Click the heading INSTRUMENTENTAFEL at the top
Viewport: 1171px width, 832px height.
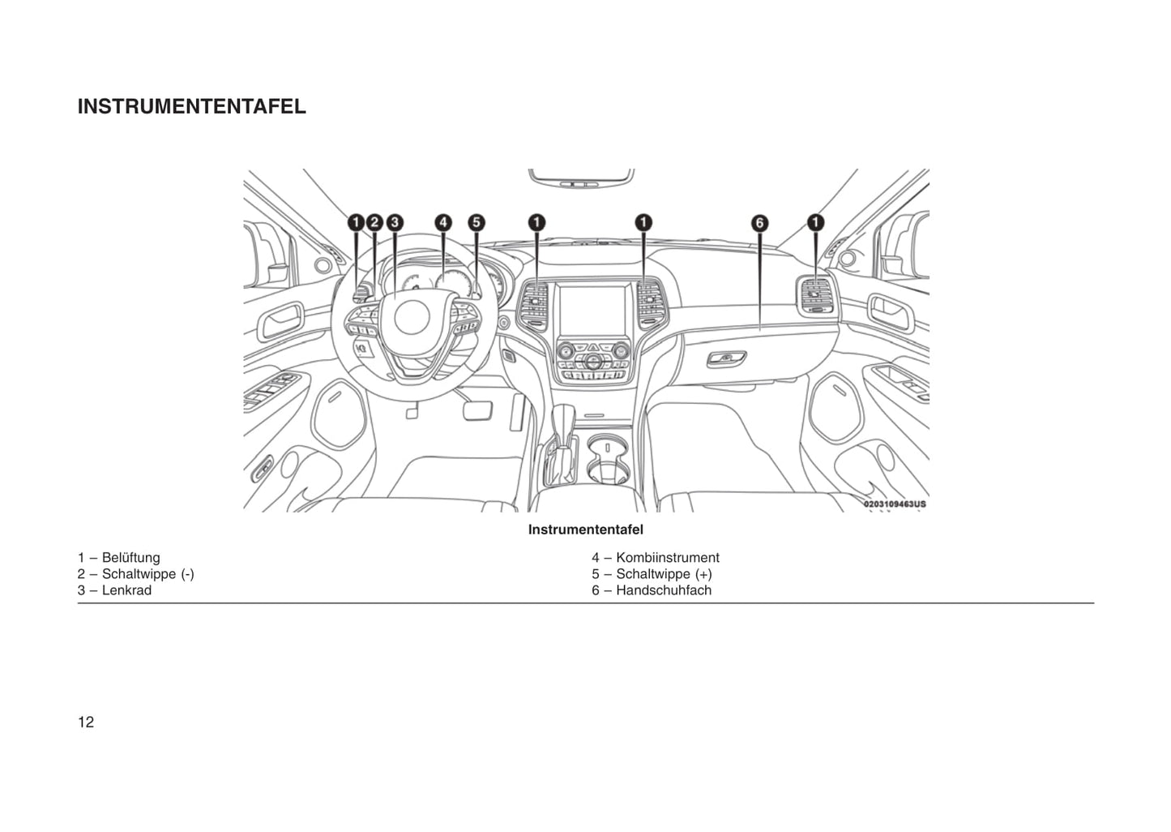(x=191, y=107)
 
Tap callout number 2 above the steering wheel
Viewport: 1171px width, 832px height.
(x=374, y=222)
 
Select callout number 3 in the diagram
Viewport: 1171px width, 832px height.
(x=394, y=222)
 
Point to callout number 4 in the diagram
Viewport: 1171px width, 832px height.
(x=442, y=222)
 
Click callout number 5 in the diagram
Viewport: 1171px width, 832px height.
(x=477, y=222)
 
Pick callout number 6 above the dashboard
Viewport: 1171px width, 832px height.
(x=759, y=223)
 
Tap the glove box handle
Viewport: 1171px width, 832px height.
(x=726, y=358)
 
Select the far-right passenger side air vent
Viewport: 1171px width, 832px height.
(x=816, y=296)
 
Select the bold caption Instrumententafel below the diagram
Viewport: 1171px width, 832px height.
(x=586, y=530)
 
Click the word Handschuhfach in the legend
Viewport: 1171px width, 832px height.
(x=664, y=590)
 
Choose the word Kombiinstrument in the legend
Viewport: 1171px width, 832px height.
(x=668, y=558)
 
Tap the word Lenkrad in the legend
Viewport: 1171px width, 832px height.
(x=126, y=590)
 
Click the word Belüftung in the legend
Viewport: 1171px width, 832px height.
(x=131, y=558)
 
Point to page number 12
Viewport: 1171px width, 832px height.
(x=86, y=723)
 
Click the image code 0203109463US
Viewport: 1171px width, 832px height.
(x=894, y=504)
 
